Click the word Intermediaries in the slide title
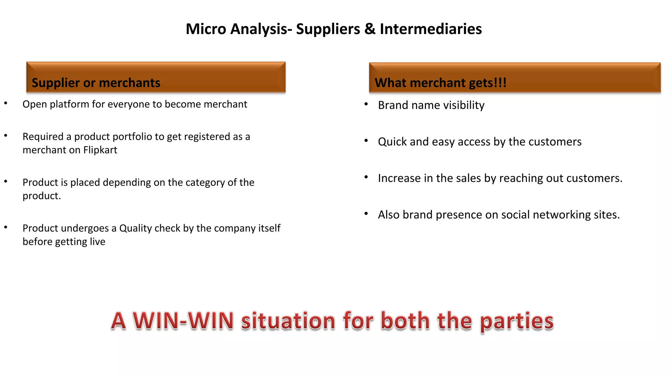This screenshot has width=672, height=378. (430, 29)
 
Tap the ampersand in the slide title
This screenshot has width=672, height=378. (370, 29)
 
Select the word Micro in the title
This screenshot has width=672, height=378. (206, 29)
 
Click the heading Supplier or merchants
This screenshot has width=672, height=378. (96, 83)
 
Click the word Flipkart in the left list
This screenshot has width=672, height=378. (100, 150)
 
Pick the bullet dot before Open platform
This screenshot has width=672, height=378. (6, 103)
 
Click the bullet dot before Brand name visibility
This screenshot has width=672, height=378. (366, 104)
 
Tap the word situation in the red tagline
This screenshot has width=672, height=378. (288, 321)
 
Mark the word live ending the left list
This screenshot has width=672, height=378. (98, 242)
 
